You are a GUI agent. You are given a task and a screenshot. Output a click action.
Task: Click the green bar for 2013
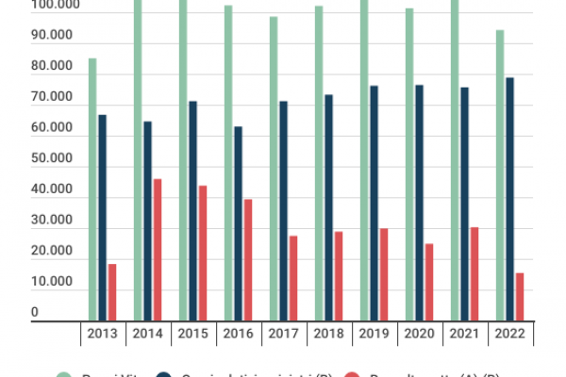[x=92, y=188]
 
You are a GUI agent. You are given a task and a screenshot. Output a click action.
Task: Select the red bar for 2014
[x=158, y=250]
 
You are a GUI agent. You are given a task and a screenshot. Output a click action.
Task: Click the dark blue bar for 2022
[x=509, y=199]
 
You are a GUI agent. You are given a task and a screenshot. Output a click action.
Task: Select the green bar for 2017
[x=274, y=169]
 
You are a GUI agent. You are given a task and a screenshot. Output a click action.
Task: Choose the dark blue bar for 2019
[x=374, y=203]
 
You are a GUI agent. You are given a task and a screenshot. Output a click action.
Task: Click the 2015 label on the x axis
[x=192, y=334]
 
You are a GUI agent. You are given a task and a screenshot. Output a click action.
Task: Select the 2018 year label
[x=328, y=334]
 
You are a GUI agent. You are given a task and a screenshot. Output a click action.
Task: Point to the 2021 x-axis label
[x=464, y=334]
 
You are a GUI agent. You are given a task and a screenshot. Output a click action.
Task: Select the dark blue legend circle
[x=176, y=375]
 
